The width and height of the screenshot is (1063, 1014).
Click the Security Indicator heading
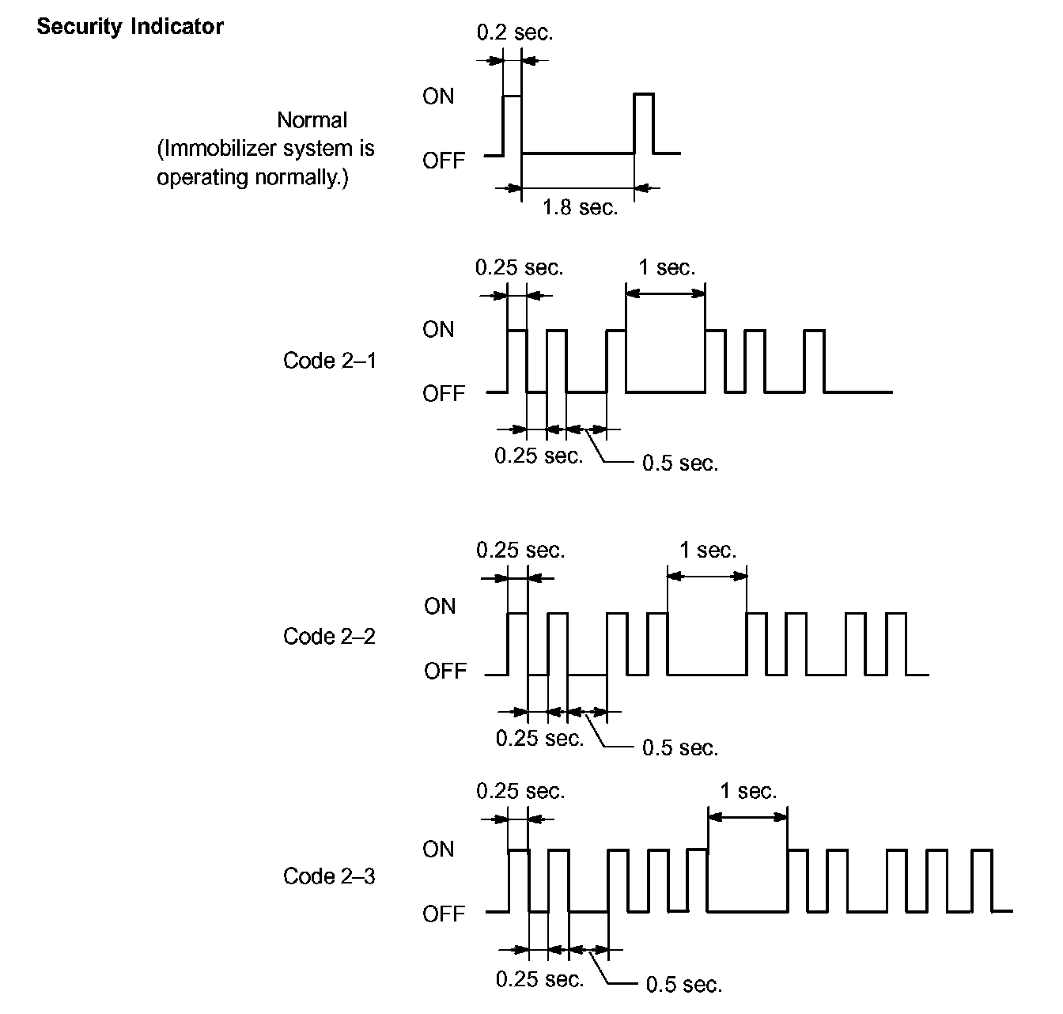coord(130,27)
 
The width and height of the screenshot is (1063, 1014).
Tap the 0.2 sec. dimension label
coord(515,32)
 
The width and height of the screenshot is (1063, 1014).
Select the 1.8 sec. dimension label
coord(580,208)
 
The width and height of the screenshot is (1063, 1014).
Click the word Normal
coord(312,120)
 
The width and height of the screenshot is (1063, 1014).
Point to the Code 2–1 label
coord(330,361)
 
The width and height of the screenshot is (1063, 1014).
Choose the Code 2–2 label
coord(329,637)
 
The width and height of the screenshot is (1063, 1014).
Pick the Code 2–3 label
coord(329,876)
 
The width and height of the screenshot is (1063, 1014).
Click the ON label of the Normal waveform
coord(438,96)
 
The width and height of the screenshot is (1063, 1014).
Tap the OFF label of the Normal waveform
coord(444,161)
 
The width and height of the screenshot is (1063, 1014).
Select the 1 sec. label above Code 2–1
coord(667,267)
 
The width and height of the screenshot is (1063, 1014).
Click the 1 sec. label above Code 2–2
coord(708,550)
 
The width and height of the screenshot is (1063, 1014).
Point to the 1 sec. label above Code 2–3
coord(748,791)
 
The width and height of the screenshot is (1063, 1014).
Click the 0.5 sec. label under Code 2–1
coord(680,463)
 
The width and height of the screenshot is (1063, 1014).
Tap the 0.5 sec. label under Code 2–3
coord(684,985)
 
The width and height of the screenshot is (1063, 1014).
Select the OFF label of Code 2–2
coord(445,672)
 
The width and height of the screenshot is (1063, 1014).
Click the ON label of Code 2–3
coord(439,849)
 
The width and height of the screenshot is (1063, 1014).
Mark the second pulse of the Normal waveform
coord(644,123)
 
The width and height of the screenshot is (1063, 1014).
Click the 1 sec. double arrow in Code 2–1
coord(665,293)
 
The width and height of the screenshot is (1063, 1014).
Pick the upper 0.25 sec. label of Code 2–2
coord(520,550)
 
